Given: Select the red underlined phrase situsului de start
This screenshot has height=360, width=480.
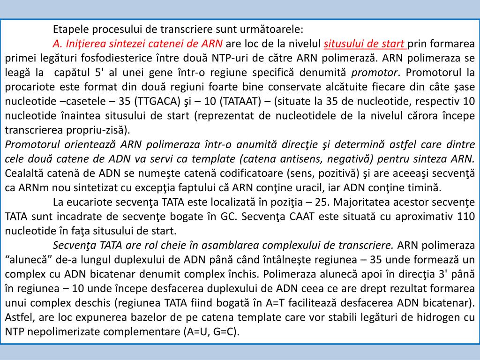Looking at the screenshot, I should point(364,44).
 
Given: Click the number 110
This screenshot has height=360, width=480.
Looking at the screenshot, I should point(465,217).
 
